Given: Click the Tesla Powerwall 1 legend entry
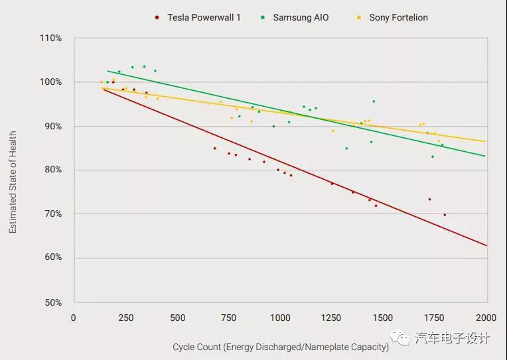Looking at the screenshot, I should [202, 17].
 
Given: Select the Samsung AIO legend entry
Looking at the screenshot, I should [300, 17].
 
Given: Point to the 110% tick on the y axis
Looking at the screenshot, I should [50, 38].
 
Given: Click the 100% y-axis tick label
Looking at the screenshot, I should [50, 82].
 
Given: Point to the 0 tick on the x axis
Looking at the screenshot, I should [74, 318].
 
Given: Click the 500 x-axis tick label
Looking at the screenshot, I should [177, 318].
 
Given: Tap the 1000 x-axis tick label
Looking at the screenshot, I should [280, 318].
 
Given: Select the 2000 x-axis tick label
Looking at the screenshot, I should [486, 318].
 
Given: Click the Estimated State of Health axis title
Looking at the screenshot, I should [13, 182].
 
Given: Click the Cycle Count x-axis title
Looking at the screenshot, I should [281, 347].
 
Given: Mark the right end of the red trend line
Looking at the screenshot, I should [486, 245].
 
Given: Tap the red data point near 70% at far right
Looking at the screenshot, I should [445, 215].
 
